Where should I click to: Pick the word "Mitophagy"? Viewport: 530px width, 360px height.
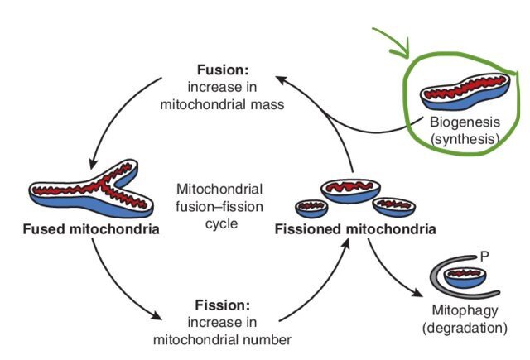(x=460, y=312)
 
